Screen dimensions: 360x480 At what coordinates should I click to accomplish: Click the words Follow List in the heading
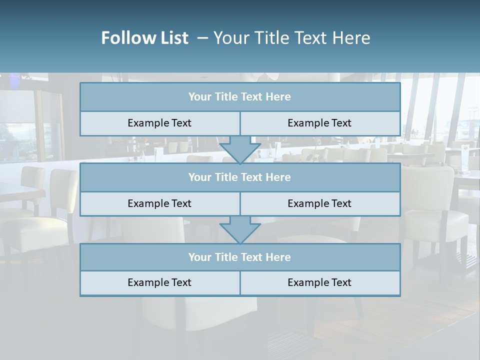144,38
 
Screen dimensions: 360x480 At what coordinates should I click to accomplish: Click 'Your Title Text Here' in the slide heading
291,38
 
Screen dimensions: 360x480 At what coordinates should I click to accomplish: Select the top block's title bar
239,97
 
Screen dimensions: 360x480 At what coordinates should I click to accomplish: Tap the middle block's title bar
239,177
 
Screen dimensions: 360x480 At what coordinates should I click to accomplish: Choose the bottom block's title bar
239,257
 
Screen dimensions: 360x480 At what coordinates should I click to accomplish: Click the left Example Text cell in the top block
159,123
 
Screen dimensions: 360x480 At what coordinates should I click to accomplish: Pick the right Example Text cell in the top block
319,123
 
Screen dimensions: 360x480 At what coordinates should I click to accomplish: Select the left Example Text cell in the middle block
159,204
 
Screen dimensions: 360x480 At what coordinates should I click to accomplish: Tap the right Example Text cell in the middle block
319,204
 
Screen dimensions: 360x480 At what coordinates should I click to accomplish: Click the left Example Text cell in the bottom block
159,283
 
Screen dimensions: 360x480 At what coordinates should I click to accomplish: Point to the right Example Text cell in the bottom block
319,283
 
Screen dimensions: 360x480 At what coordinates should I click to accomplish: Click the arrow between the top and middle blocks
240,149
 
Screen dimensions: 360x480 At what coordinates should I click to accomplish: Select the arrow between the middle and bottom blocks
240,229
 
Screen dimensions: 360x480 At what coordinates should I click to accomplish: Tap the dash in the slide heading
202,38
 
